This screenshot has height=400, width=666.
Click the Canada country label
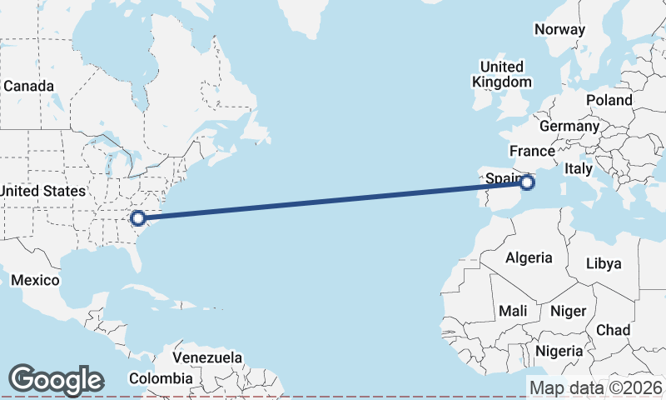(x=28, y=86)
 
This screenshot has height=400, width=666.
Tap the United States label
(x=42, y=191)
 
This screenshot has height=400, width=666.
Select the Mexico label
(x=36, y=280)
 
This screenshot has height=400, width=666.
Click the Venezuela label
(x=206, y=357)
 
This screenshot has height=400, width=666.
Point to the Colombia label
(x=166, y=378)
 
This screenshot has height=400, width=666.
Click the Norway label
(x=559, y=29)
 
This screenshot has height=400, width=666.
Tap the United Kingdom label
(x=501, y=74)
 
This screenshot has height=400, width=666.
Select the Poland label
(x=609, y=100)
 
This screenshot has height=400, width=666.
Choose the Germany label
(x=569, y=126)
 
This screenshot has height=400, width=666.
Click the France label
(x=532, y=151)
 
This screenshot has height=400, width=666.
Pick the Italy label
(x=579, y=168)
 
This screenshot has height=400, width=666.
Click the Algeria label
(x=529, y=257)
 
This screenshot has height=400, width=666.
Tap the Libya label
(x=604, y=263)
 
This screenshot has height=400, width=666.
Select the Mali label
(x=513, y=311)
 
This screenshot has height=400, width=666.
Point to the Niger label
(x=569, y=311)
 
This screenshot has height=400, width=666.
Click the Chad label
(x=614, y=330)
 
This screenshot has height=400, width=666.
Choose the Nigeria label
(x=559, y=351)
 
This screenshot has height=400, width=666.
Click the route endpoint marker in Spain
(x=527, y=182)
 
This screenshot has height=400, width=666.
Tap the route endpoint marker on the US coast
(x=139, y=218)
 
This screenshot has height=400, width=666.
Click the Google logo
(x=56, y=380)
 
